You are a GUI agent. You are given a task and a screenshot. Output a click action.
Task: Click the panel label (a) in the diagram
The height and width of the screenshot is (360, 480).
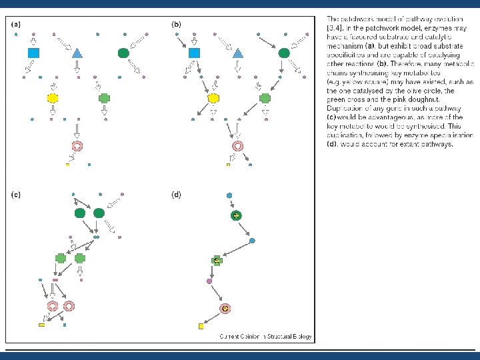tap(16, 25)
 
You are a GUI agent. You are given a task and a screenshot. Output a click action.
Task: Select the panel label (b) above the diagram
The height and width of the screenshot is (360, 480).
tap(176, 25)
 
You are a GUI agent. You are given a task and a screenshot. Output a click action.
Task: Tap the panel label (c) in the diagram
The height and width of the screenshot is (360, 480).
tap(16, 195)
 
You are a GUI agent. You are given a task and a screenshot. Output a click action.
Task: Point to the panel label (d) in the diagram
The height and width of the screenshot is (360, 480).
tap(176, 195)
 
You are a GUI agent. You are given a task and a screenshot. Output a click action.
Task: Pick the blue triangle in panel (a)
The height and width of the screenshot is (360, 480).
tap(77, 53)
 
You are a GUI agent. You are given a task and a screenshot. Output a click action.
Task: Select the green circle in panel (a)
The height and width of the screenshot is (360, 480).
tap(123, 52)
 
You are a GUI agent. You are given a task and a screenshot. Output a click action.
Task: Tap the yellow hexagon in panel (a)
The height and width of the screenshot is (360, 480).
tap(53, 98)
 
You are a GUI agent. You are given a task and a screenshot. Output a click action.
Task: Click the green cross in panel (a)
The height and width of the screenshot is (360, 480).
tap(104, 98)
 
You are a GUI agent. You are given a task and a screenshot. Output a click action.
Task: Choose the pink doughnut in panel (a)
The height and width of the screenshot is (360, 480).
tap(77, 145)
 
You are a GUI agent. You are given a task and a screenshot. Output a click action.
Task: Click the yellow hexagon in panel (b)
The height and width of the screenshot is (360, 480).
tap(213, 99)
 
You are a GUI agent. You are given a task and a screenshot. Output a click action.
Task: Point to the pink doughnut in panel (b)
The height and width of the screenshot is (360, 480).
tap(237, 145)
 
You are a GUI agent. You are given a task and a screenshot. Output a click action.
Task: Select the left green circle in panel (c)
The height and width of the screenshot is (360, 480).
tap(81, 213)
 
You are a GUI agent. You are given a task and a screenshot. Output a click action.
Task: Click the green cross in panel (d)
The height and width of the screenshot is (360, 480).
tap(217, 261)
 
